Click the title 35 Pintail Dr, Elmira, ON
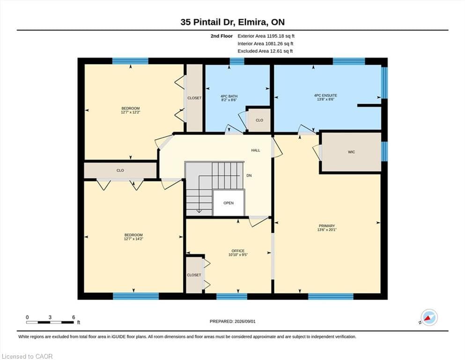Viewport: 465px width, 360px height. coord(232,22)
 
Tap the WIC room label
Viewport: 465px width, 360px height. coord(351,152)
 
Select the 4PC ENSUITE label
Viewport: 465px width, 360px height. coord(325,96)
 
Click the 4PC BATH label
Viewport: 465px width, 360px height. coord(229,97)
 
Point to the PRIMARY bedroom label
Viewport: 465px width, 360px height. coord(327,226)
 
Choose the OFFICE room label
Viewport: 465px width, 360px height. coord(238,251)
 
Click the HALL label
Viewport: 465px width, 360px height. coord(256,150)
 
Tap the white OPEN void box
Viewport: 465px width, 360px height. coord(229,203)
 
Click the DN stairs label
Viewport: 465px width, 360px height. coord(249,175)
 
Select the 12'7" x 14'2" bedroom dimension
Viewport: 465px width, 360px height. coord(134,239)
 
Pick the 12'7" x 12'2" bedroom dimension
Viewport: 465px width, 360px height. coord(131,112)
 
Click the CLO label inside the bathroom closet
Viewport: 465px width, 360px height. coord(259,120)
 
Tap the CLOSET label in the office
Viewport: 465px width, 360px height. coord(194,275)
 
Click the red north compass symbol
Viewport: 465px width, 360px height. coord(428,318)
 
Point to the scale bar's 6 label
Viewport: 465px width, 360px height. coord(74,317)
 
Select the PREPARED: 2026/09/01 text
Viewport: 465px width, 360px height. coord(232,322)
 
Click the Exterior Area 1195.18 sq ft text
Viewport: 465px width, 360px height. coord(266,36)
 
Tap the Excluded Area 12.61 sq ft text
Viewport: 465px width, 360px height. coord(265,51)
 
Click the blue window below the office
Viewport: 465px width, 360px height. coord(232,296)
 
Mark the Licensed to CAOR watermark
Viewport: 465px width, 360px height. coord(27,356)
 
